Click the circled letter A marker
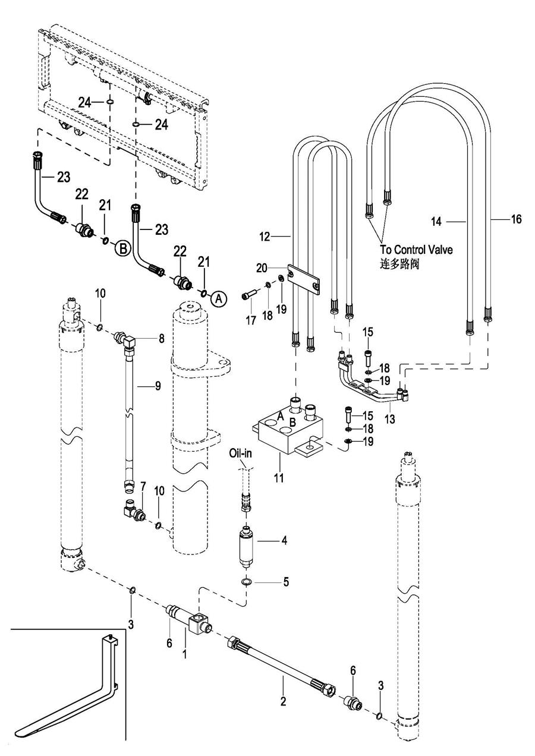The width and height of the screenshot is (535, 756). pos(218,300)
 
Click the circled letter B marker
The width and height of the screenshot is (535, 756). pos(122,249)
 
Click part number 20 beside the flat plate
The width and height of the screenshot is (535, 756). pos(278,267)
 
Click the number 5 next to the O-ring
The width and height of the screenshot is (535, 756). pos(287,582)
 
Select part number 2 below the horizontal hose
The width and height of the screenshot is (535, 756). pos(284,702)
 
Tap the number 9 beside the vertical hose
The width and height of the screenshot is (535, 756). pos(158,386)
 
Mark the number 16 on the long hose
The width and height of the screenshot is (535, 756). pos(516,219)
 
